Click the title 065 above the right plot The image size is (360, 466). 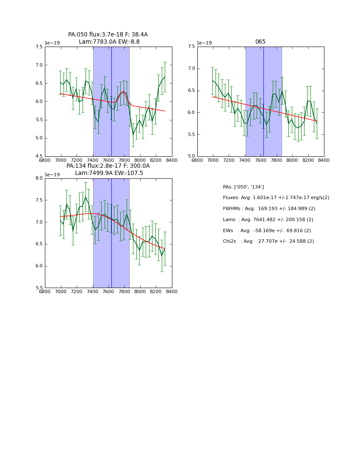[x=260, y=42]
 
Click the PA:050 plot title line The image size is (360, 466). [x=108, y=35]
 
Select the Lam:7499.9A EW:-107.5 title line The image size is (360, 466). [x=109, y=173]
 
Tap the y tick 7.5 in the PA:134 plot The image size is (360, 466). [x=39, y=200]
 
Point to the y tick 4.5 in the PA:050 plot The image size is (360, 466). [x=39, y=156]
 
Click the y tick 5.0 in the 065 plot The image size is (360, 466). [x=191, y=156]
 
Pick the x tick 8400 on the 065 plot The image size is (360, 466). [x=324, y=161]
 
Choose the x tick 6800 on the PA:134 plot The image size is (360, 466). [x=45, y=292]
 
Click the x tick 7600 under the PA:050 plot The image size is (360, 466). [x=108, y=161]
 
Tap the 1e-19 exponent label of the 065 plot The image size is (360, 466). [x=204, y=43]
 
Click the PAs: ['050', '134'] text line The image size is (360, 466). [x=243, y=187]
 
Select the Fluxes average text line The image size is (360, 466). [x=276, y=198]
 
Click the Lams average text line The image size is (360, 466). [x=268, y=220]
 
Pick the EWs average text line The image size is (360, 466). [x=266, y=231]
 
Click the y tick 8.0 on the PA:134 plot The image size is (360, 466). [x=39, y=178]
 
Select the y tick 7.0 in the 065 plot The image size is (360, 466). [x=191, y=69]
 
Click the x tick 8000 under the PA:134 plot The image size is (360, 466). [x=140, y=292]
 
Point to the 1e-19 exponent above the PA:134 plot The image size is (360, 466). [x=52, y=175]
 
